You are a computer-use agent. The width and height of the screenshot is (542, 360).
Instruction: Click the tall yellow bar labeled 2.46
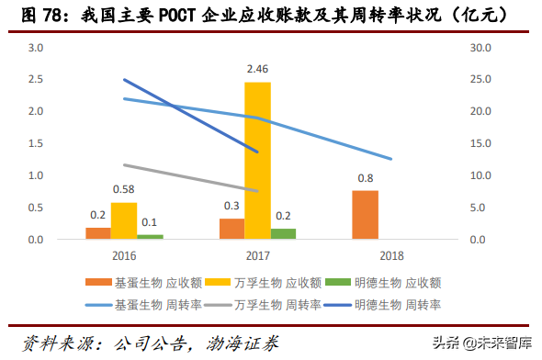pyautogui.click(x=257, y=161)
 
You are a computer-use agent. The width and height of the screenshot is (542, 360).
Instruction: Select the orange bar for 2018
pyautogui.click(x=365, y=215)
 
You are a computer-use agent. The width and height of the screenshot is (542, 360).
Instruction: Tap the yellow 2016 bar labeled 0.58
pyautogui.click(x=124, y=221)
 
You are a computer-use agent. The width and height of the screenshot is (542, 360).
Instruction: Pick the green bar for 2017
pyautogui.click(x=284, y=234)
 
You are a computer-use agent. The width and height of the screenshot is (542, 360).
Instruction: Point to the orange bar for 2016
pyautogui.click(x=97, y=233)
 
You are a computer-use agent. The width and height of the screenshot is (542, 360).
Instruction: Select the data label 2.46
pyautogui.click(x=257, y=70)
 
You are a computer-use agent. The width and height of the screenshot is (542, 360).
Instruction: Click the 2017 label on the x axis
pyautogui.click(x=257, y=254)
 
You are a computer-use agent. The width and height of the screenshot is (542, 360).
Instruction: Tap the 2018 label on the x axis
pyautogui.click(x=390, y=254)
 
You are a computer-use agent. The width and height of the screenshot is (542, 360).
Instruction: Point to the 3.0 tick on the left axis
pyautogui.click(x=36, y=47)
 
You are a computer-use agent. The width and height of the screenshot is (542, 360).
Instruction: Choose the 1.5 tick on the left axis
pyautogui.click(x=36, y=143)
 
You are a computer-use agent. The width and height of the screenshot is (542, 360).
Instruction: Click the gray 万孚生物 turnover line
pyautogui.click(x=193, y=178)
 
